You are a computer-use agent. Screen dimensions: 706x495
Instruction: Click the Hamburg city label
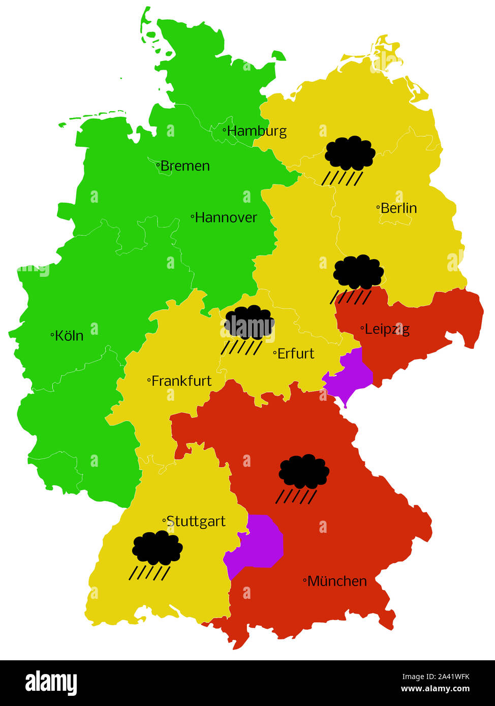[x=257, y=131]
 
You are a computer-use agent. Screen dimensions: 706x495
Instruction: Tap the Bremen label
[x=184, y=166]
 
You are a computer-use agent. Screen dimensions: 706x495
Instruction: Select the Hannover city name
[x=226, y=217]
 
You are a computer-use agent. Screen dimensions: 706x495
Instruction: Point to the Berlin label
[x=398, y=208]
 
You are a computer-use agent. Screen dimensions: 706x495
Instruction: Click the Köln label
[x=69, y=335]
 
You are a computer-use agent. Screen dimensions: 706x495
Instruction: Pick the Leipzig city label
[x=386, y=329]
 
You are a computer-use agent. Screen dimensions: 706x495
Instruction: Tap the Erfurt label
[x=295, y=354]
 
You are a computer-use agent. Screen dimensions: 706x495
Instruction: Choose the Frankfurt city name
[x=181, y=380]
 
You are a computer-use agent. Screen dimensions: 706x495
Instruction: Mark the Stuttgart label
[x=195, y=522]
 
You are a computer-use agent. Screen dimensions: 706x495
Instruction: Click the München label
[x=336, y=581]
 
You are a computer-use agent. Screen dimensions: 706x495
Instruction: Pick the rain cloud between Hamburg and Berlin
[x=349, y=158]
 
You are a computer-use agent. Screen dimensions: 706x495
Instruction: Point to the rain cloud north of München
[x=303, y=477]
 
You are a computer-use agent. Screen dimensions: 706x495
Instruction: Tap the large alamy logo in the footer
[x=51, y=683]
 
